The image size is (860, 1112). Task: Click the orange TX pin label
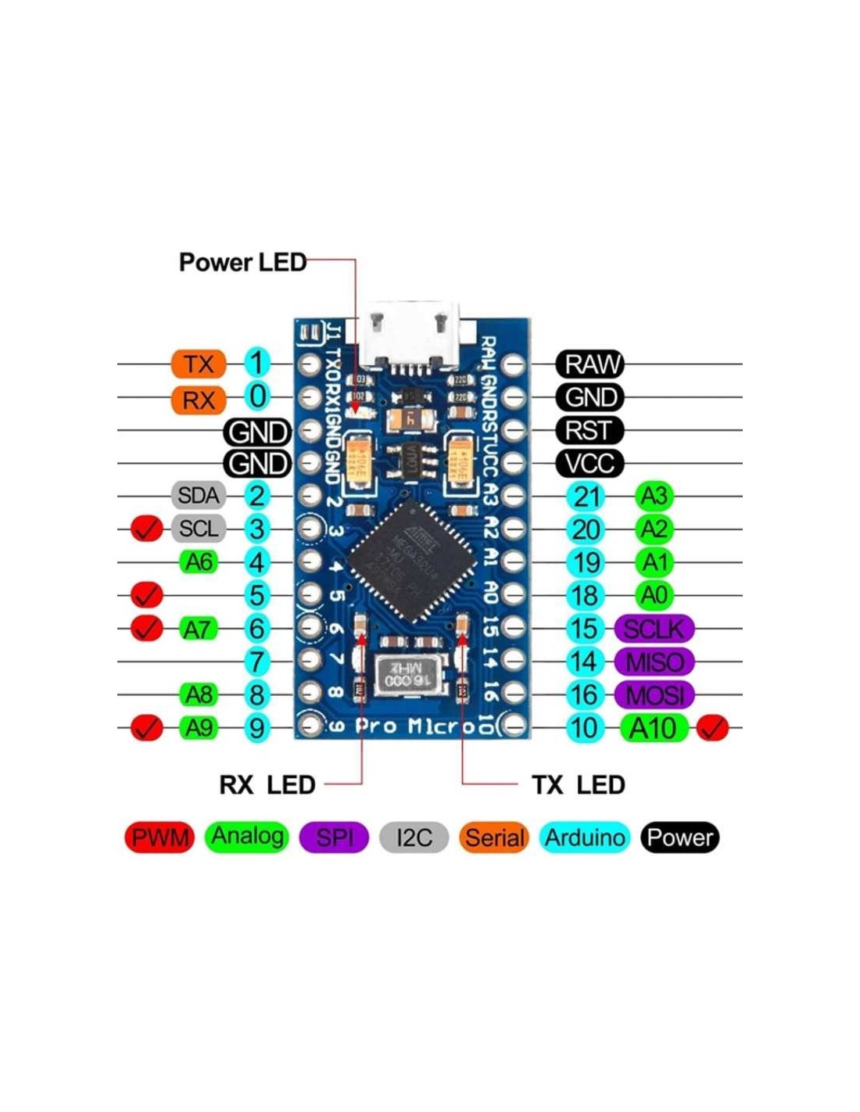coord(199,364)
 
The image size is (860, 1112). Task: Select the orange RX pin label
coord(199,400)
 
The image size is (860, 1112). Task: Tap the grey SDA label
coord(199,495)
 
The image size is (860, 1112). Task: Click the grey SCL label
coord(199,529)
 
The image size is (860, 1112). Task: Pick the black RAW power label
coord(590,364)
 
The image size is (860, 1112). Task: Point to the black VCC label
coord(590,464)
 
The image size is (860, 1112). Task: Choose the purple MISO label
coord(654,662)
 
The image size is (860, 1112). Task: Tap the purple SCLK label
coord(654,629)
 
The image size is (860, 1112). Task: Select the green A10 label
coord(654,729)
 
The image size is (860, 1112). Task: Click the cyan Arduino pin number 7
coord(256,662)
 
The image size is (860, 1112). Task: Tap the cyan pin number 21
coord(586,497)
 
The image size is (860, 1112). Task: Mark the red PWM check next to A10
coord(712,729)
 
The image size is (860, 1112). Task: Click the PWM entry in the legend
coord(159,838)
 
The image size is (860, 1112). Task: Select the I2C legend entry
coord(414,838)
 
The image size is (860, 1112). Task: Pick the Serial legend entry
coord(495,838)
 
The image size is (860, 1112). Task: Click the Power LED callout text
coord(242,262)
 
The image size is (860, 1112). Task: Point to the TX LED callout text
coord(578,784)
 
